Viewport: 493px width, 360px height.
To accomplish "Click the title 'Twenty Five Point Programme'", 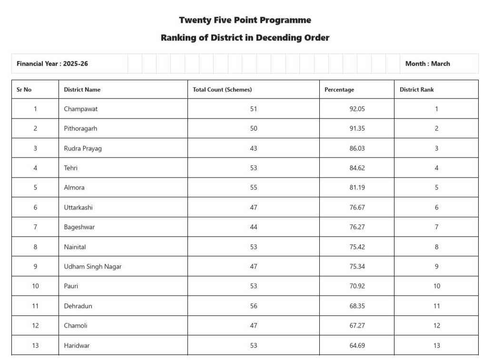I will [x=245, y=20].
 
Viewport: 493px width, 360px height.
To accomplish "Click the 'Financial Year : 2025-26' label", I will [x=52, y=64].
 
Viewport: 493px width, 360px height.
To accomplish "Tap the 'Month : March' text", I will [x=427, y=64].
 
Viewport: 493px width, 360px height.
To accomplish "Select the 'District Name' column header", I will [x=82, y=90].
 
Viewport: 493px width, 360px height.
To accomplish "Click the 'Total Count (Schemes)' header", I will [x=222, y=90].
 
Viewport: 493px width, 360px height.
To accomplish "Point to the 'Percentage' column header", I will [x=339, y=90].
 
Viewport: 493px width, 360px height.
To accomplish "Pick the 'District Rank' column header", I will [x=417, y=90].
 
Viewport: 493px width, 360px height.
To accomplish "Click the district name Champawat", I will [x=81, y=109].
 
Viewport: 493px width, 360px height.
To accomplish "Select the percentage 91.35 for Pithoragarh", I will [x=357, y=129].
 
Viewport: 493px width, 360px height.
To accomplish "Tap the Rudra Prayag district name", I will [x=83, y=149].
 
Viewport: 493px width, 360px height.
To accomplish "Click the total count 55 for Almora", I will [x=254, y=188].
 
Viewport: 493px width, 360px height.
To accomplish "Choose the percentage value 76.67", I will [x=357, y=208].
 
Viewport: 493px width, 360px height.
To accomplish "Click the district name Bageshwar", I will [x=79, y=227].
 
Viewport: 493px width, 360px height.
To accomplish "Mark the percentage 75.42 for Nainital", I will [x=357, y=247].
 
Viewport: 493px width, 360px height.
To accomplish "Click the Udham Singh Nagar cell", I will [x=93, y=267].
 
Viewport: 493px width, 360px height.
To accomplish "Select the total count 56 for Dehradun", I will [x=254, y=306].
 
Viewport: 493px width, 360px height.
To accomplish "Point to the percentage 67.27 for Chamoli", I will [x=357, y=326].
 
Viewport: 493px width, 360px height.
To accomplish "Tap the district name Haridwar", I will [x=77, y=346].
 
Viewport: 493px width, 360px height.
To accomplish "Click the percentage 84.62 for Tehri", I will [x=357, y=168].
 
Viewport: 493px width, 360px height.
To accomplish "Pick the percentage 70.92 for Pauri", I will [x=357, y=286].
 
